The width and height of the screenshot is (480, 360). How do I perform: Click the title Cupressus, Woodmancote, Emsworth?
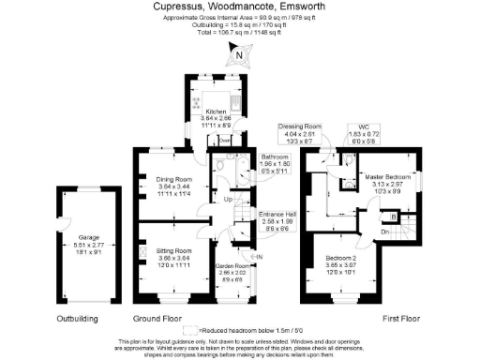pyautogui.click(x=240, y=6)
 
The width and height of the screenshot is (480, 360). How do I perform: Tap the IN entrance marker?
pyautogui.click(x=260, y=256)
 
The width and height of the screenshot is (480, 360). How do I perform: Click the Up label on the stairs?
pyautogui.click(x=229, y=199)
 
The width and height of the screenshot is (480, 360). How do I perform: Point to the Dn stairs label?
pyautogui.click(x=385, y=230)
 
